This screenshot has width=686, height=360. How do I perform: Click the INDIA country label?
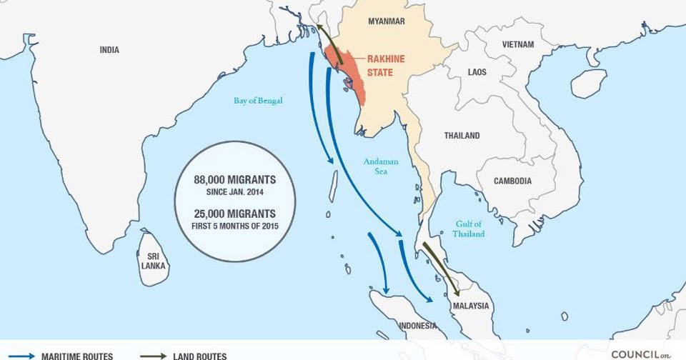pos(109,50)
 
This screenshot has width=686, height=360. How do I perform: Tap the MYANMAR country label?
pos(386,21)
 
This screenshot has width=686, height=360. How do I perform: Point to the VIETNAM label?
pos(518,44)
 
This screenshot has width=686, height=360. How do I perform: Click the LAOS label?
pos(477,72)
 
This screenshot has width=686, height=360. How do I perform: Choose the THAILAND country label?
pos(462,136)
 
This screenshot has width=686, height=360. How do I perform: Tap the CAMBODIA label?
pos(512,181)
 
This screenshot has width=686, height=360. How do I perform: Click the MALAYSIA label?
pos(471,306)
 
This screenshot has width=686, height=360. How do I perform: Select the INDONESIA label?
pos(417,326)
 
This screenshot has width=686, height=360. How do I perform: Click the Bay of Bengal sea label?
pos(258,101)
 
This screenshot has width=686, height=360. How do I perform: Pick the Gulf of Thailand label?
pos(469,229)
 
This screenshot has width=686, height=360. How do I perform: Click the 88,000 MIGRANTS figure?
pos(234,179)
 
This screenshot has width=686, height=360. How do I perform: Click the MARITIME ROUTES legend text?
pos(76,355)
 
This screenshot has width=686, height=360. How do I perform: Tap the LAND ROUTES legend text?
pos(199,355)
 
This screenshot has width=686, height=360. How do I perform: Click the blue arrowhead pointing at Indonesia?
pos(386,289)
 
